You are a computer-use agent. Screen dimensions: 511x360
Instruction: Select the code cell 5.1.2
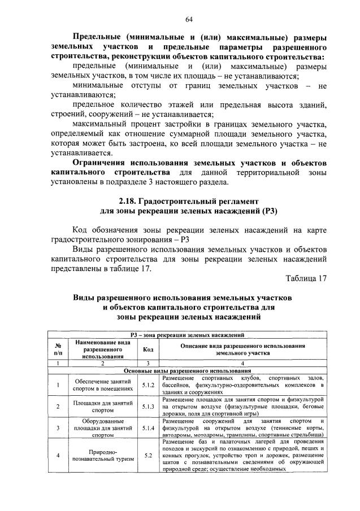coord(148,385)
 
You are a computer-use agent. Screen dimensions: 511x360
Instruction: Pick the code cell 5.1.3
coord(148,407)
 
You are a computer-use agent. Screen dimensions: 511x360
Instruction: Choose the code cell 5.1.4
coord(148,428)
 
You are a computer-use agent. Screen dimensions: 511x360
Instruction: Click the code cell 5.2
coord(148,456)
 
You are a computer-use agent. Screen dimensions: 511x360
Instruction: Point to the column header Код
coord(148,349)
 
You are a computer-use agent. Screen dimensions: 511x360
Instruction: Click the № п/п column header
coord(58,349)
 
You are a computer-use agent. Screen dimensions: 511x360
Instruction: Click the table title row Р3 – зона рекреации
coord(186,335)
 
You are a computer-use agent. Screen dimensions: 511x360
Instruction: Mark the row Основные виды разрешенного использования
coord(186,370)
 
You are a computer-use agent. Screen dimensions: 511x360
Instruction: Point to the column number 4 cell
coord(243,363)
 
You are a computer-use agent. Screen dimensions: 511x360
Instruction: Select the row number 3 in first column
coord(58,428)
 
